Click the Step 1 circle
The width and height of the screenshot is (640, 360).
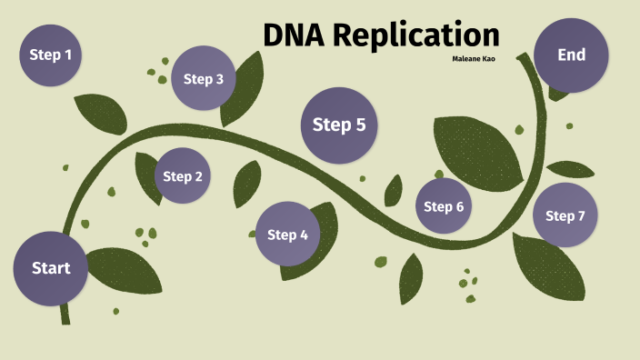(51, 55)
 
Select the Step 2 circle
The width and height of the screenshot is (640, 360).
(184, 176)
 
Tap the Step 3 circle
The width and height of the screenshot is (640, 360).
(204, 78)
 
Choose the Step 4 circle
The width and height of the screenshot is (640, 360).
(288, 235)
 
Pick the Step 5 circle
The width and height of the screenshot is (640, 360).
(339, 125)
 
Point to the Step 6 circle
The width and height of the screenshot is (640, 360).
(444, 206)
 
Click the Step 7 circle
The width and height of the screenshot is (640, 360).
(565, 215)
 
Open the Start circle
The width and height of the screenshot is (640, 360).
(51, 268)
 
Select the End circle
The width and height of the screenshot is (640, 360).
(571, 55)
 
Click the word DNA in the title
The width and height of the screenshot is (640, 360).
(293, 35)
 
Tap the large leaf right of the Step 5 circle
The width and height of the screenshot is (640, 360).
(477, 149)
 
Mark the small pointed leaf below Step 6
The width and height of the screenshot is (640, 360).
(411, 276)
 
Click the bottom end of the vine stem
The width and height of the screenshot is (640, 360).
(65, 318)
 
